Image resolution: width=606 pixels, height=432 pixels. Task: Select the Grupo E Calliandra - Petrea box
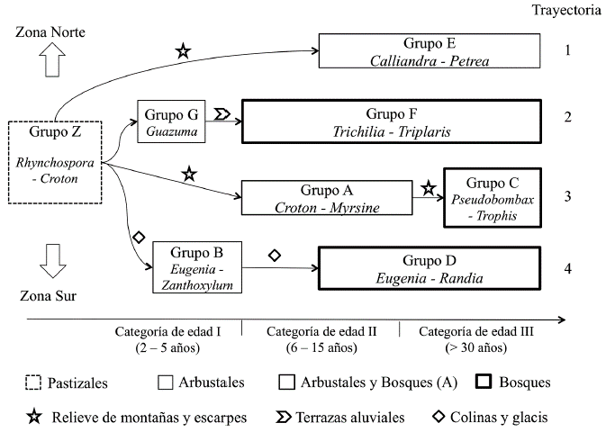[x=430, y=51]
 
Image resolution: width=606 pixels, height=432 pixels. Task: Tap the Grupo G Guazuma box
[x=172, y=121]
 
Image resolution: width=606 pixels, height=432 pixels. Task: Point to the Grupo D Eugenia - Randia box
[x=430, y=268]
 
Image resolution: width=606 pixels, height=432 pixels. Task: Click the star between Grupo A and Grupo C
[x=429, y=189]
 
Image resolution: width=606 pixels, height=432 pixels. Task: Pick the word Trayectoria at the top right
[x=567, y=11]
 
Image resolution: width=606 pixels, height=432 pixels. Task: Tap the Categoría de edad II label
[x=321, y=331]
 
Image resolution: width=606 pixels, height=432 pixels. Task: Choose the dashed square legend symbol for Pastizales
[x=32, y=383]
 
